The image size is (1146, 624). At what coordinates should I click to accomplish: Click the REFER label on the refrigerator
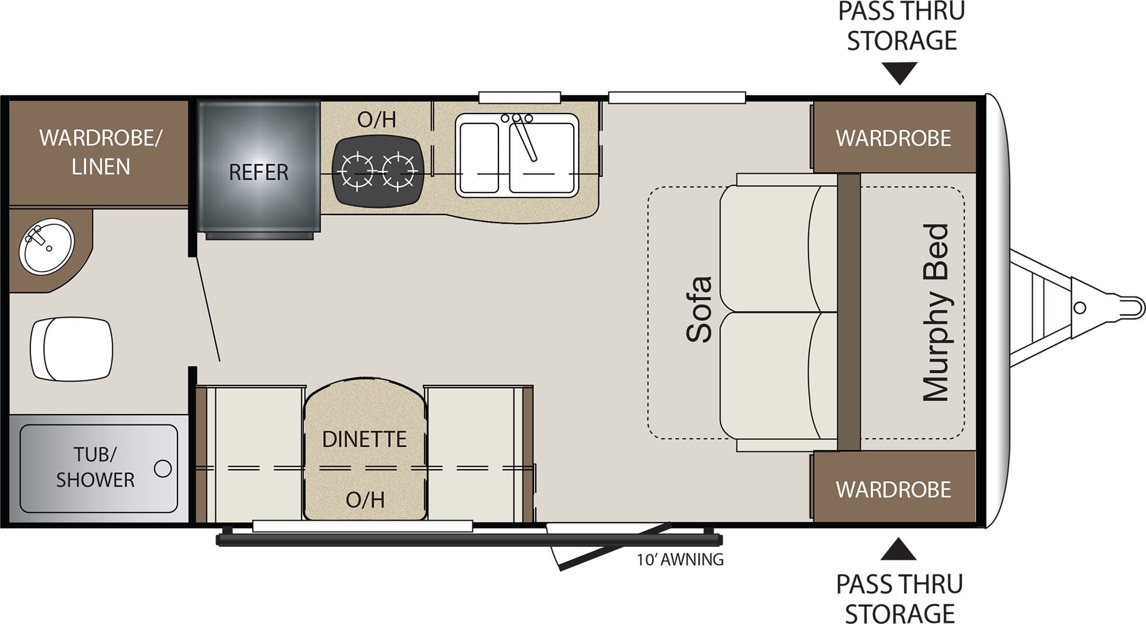pyautogui.click(x=258, y=172)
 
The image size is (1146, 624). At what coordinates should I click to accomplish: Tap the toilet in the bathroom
pyautogui.click(x=72, y=349)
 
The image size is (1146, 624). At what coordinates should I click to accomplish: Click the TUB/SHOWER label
pyautogui.click(x=95, y=467)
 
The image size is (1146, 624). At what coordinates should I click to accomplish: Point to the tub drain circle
pyautogui.click(x=163, y=469)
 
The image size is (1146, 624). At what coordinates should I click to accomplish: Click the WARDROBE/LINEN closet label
pyautogui.click(x=101, y=152)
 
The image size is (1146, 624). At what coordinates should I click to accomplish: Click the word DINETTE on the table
pyautogui.click(x=364, y=439)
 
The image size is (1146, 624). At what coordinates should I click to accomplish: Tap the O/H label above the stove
pyautogui.click(x=376, y=119)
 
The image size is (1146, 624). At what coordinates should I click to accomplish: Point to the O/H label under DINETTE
pyautogui.click(x=365, y=500)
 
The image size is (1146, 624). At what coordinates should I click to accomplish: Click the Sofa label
pyautogui.click(x=700, y=310)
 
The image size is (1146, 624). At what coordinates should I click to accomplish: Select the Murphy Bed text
pyautogui.click(x=935, y=313)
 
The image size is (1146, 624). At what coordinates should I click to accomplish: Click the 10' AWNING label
pyautogui.click(x=680, y=559)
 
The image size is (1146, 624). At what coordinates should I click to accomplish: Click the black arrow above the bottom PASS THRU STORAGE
pyautogui.click(x=898, y=549)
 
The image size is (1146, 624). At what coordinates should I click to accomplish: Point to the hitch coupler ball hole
pyautogui.click(x=1080, y=308)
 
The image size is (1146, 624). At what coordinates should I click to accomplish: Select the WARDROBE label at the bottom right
pyautogui.click(x=893, y=489)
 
